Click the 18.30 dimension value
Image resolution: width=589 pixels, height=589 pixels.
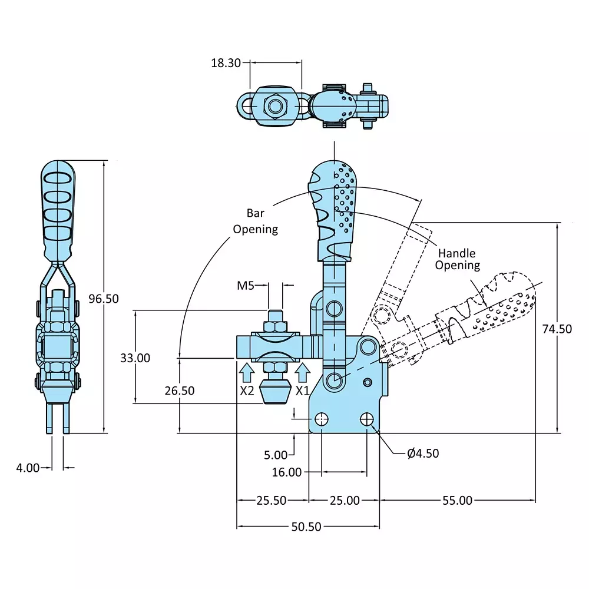tap(226, 63)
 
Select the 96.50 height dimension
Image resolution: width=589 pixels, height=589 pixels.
tap(104, 299)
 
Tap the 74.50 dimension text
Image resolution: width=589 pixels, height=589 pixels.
tap(557, 329)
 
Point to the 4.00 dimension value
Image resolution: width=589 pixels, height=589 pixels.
tap(28, 468)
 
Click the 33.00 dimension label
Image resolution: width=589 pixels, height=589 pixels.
tap(135, 358)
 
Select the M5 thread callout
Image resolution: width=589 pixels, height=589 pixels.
tap(246, 286)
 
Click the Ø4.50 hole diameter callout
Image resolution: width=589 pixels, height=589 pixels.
tap(423, 453)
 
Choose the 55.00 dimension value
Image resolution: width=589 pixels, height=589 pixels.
tap(457, 501)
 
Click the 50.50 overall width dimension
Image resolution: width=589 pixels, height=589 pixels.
tap(307, 527)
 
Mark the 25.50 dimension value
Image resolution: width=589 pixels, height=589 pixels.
tap(272, 501)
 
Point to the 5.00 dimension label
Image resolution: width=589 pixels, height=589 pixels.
tap(276, 455)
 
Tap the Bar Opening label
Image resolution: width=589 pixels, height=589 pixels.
tap(255, 221)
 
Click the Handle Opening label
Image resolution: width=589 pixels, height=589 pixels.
tap(458, 259)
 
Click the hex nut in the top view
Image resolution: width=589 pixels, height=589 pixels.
tap(275, 107)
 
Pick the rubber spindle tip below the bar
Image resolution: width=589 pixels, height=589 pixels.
tap(275, 392)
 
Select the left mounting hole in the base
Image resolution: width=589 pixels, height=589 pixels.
tap(322, 419)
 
